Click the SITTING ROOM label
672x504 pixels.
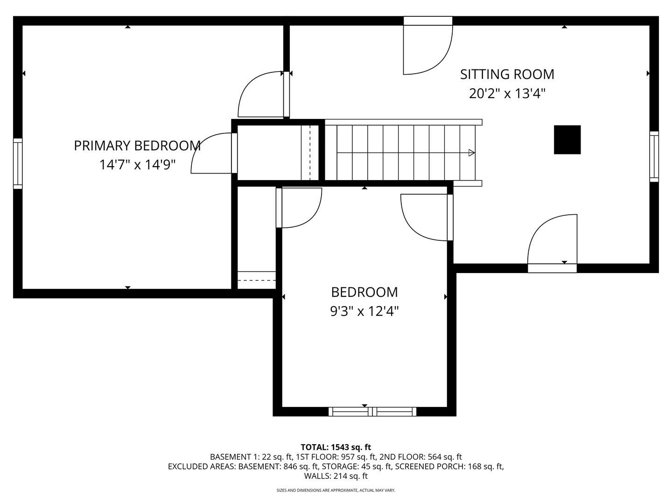pyautogui.click(x=507, y=74)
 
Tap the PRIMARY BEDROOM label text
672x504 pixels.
pyautogui.click(x=137, y=146)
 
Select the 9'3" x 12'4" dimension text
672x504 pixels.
pyautogui.click(x=364, y=311)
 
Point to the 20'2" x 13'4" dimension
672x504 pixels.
pyautogui.click(x=507, y=94)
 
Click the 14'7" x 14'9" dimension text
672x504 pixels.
pyautogui.click(x=137, y=165)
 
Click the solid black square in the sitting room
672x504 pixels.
pyautogui.click(x=567, y=140)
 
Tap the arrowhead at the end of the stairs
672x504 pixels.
pyautogui.click(x=471, y=153)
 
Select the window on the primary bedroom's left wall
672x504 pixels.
pyautogui.click(x=18, y=163)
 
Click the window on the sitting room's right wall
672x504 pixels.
pyautogui.click(x=654, y=156)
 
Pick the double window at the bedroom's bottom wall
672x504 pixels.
pyautogui.click(x=372, y=412)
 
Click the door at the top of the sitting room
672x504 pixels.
pyautogui.click(x=427, y=47)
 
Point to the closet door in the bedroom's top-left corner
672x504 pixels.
pyautogui.click(x=299, y=208)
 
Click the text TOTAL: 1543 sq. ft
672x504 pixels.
pyautogui.click(x=336, y=447)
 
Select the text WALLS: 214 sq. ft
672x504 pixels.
pyautogui.click(x=336, y=476)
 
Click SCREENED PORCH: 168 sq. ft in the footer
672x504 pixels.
pyautogui.click(x=449, y=466)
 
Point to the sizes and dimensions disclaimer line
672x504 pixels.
pyautogui.click(x=336, y=490)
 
